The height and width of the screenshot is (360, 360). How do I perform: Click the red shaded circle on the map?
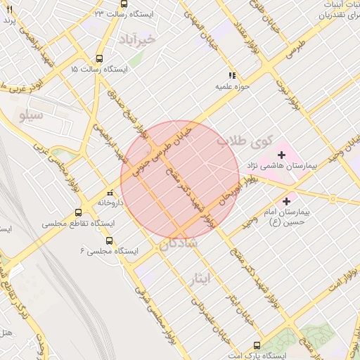[180, 180]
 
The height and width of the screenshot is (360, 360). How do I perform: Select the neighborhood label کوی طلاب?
[238, 141]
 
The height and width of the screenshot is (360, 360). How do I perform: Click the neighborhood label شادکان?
[179, 243]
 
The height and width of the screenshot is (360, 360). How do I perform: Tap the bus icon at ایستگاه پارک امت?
[257, 345]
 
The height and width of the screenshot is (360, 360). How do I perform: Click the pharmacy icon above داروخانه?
[109, 192]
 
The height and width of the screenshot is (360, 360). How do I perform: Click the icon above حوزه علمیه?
[232, 75]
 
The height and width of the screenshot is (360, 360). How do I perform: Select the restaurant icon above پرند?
[9, 9]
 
